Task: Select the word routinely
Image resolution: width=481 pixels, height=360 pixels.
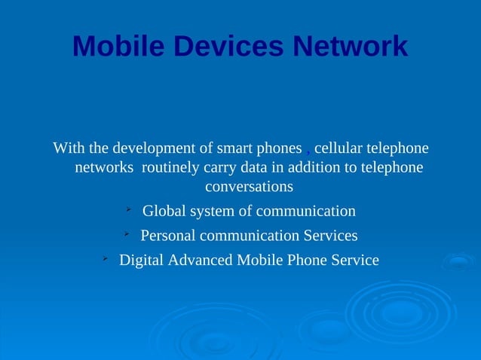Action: coord(172,166)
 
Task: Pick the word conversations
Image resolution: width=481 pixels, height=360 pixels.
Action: coord(249,185)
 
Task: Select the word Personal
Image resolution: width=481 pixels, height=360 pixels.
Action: coord(168,236)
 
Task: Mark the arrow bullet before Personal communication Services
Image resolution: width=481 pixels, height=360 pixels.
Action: coord(128,234)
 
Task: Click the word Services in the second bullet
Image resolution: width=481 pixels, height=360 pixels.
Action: coord(329,236)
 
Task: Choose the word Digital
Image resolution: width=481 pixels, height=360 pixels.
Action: coord(140,261)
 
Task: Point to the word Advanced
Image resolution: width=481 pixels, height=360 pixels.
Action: coord(200,261)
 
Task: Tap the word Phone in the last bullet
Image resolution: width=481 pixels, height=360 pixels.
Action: coord(305,261)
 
